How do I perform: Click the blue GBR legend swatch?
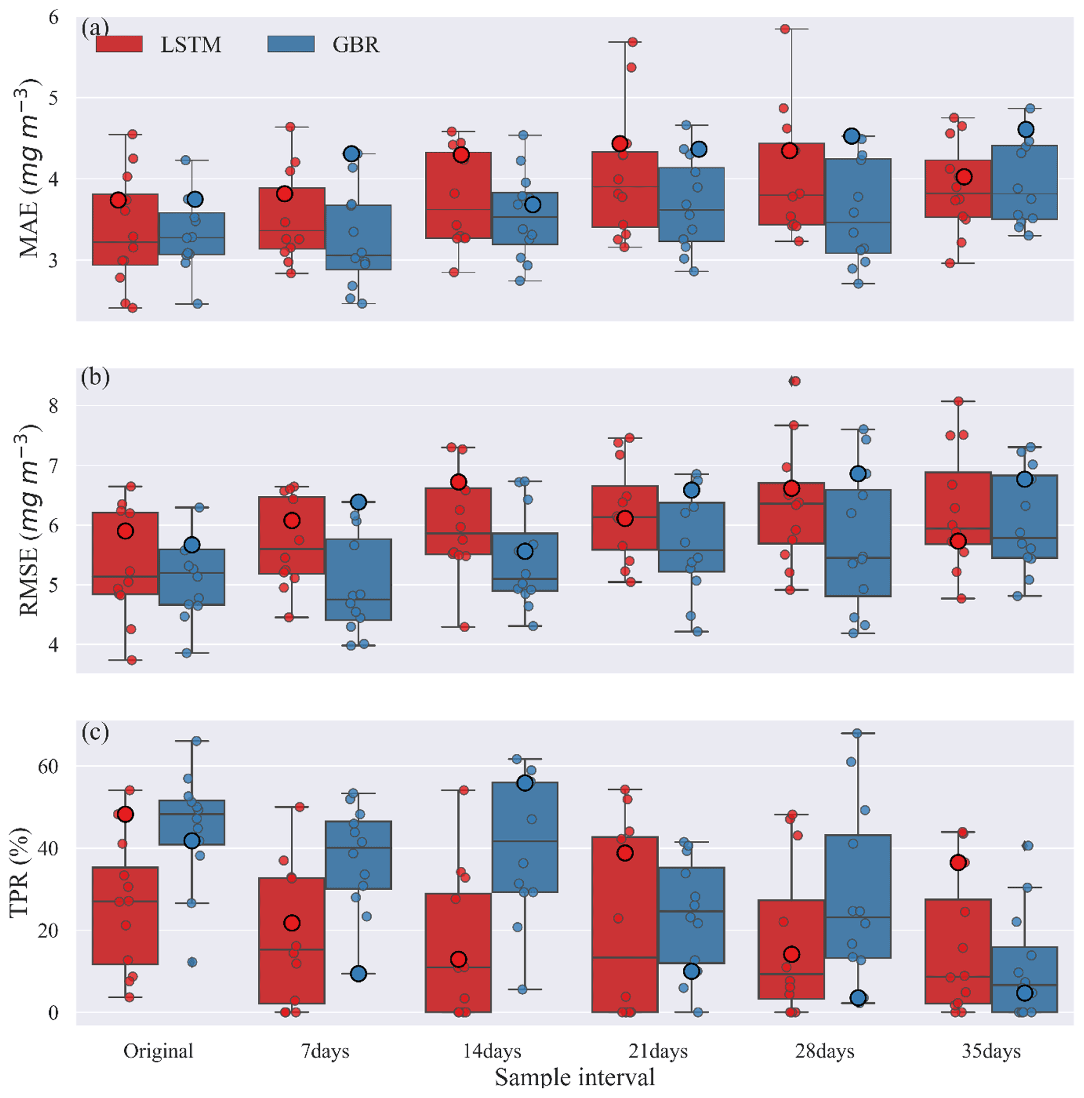291,44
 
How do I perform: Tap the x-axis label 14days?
492,1051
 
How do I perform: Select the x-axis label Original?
158,1051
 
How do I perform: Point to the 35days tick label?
991,1051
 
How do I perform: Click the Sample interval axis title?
574,1077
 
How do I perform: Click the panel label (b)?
95,377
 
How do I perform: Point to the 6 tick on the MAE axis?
53,18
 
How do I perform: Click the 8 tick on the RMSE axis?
53,406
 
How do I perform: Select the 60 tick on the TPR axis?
48,766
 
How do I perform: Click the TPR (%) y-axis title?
19,872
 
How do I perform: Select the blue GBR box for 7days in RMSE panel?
359,579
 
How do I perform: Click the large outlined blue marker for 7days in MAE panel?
352,154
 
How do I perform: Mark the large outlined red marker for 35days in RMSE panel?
959,541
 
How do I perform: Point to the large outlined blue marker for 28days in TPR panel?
858,998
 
